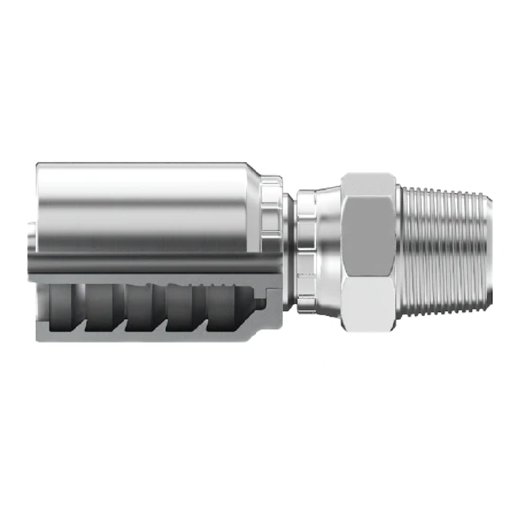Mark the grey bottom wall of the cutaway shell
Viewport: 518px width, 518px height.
(x=148, y=333)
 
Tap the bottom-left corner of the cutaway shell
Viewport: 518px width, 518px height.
(x=38, y=338)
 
